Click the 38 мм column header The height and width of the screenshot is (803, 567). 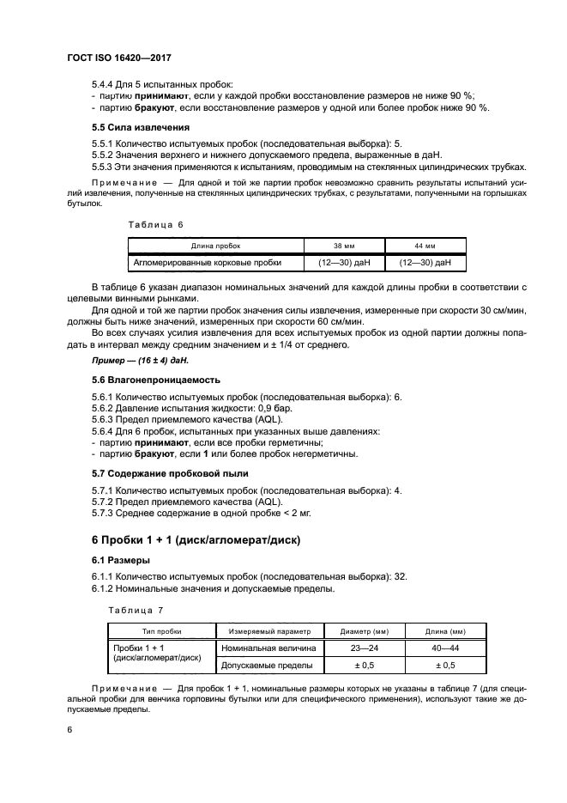point(344,245)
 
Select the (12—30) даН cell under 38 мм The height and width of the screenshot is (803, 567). point(344,263)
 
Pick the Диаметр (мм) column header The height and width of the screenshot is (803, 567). point(364,630)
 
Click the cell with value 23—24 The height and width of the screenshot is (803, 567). point(364,648)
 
